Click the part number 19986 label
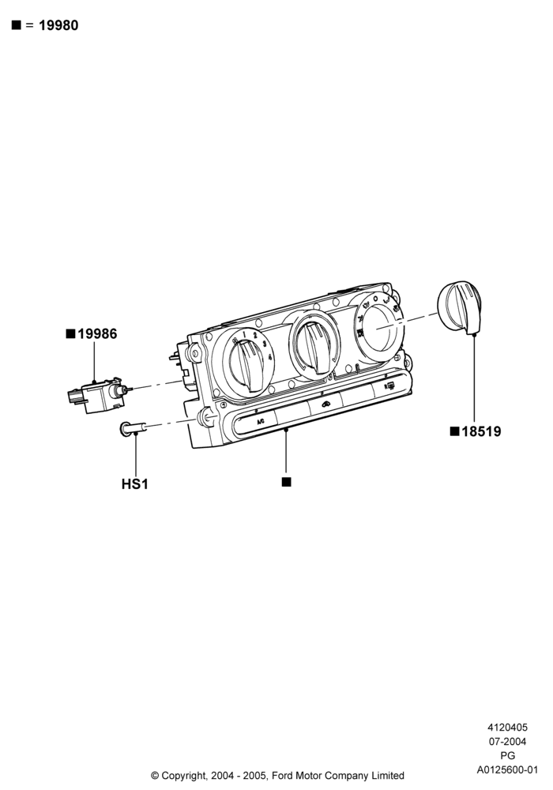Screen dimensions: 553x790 [x=97, y=333]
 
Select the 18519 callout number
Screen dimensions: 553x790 [x=481, y=431]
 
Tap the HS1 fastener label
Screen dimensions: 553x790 [x=135, y=484]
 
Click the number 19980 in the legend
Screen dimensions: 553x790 [x=58, y=25]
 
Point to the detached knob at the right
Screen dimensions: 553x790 [x=459, y=308]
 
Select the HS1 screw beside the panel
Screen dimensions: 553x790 [x=133, y=428]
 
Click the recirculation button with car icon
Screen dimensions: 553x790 [x=325, y=404]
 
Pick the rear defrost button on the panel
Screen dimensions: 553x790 [x=390, y=387]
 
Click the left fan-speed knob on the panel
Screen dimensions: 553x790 [x=249, y=363]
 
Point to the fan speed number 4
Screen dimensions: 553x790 [x=270, y=357]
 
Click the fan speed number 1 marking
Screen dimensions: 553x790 [x=244, y=334]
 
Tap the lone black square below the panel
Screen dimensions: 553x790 [x=286, y=482]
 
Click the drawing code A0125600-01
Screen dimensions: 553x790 [x=508, y=769]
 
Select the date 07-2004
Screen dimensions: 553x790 [x=508, y=741]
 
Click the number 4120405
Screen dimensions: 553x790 [x=508, y=727]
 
